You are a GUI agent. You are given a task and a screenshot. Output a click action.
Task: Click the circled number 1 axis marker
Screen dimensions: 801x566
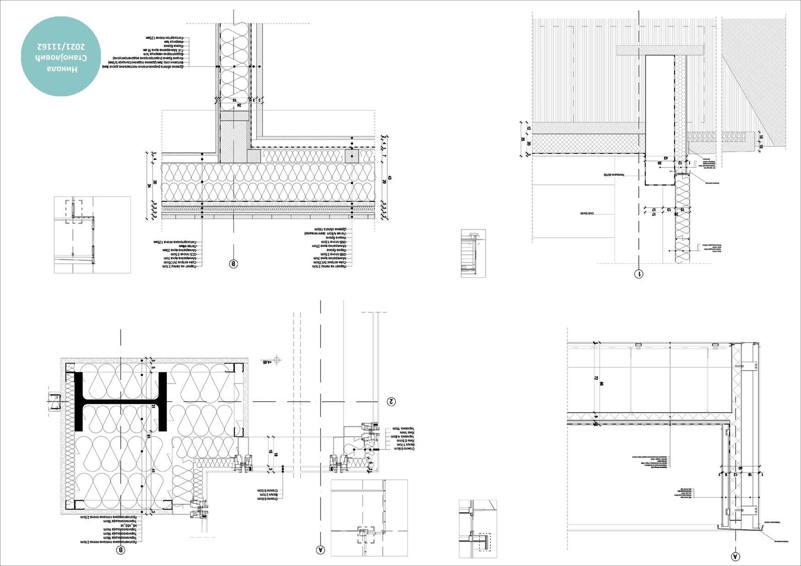point(638,274)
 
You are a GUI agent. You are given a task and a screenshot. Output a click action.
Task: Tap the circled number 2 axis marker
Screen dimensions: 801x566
point(391,402)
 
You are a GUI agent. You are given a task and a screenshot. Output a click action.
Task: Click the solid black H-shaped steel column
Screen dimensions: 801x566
point(120,402)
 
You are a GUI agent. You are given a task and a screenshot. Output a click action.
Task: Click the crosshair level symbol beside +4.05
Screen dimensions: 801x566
point(277,361)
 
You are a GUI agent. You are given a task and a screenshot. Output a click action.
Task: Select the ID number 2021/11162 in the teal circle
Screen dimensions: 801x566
point(61,47)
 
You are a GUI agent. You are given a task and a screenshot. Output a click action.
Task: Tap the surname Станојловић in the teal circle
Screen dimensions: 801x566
point(61,58)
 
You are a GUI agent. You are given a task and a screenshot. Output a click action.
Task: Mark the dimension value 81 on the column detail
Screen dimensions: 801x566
point(149,437)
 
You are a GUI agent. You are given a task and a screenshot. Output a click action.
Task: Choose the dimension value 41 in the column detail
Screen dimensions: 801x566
point(153,471)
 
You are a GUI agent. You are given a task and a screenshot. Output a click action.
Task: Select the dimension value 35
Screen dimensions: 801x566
point(523,139)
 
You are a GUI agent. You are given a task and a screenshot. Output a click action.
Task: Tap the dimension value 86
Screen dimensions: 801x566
point(601,384)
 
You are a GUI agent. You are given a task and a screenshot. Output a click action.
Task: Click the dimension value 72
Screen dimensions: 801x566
point(595,378)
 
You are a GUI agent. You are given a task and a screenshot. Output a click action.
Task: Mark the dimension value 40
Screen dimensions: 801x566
point(740,468)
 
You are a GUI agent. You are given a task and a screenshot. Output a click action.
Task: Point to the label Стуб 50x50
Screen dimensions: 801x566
point(586,213)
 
